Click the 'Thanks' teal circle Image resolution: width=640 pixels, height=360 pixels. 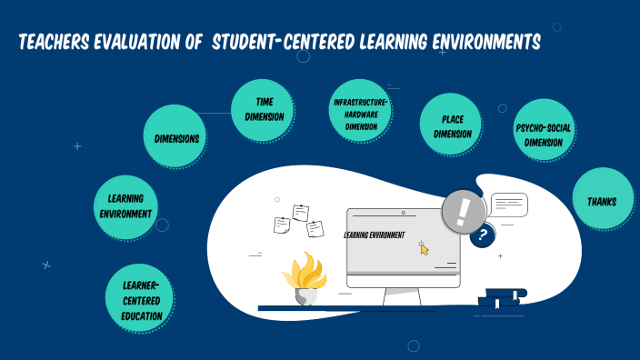(x=603, y=198)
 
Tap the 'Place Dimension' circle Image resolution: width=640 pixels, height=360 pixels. (x=451, y=126)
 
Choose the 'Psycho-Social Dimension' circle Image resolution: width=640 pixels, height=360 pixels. (x=544, y=135)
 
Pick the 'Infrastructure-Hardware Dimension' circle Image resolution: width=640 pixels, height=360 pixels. (x=360, y=115)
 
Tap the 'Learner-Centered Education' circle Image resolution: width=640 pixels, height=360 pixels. (x=141, y=299)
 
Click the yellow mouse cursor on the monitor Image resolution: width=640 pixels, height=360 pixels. (x=424, y=248)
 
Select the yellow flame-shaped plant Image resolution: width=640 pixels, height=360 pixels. (x=304, y=270)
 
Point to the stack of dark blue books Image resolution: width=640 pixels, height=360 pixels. (x=502, y=298)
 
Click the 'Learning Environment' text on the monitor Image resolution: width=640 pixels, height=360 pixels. (x=375, y=235)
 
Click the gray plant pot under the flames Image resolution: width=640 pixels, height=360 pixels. (x=305, y=295)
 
